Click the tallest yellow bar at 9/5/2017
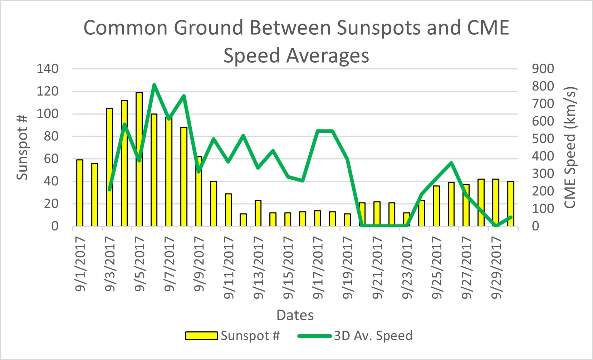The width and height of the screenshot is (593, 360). coord(139,159)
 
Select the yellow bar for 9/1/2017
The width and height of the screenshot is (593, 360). coord(80,193)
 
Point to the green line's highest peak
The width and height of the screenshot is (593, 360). coord(154,85)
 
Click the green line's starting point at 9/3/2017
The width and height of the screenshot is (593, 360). coord(109,189)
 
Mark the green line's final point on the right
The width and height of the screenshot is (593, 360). coord(511,217)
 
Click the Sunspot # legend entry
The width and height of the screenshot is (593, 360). coord(232,336)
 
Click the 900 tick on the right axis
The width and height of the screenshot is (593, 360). coord(543,69)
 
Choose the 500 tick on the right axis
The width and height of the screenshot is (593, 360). coord(543,139)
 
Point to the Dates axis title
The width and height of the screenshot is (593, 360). coord(295,315)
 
